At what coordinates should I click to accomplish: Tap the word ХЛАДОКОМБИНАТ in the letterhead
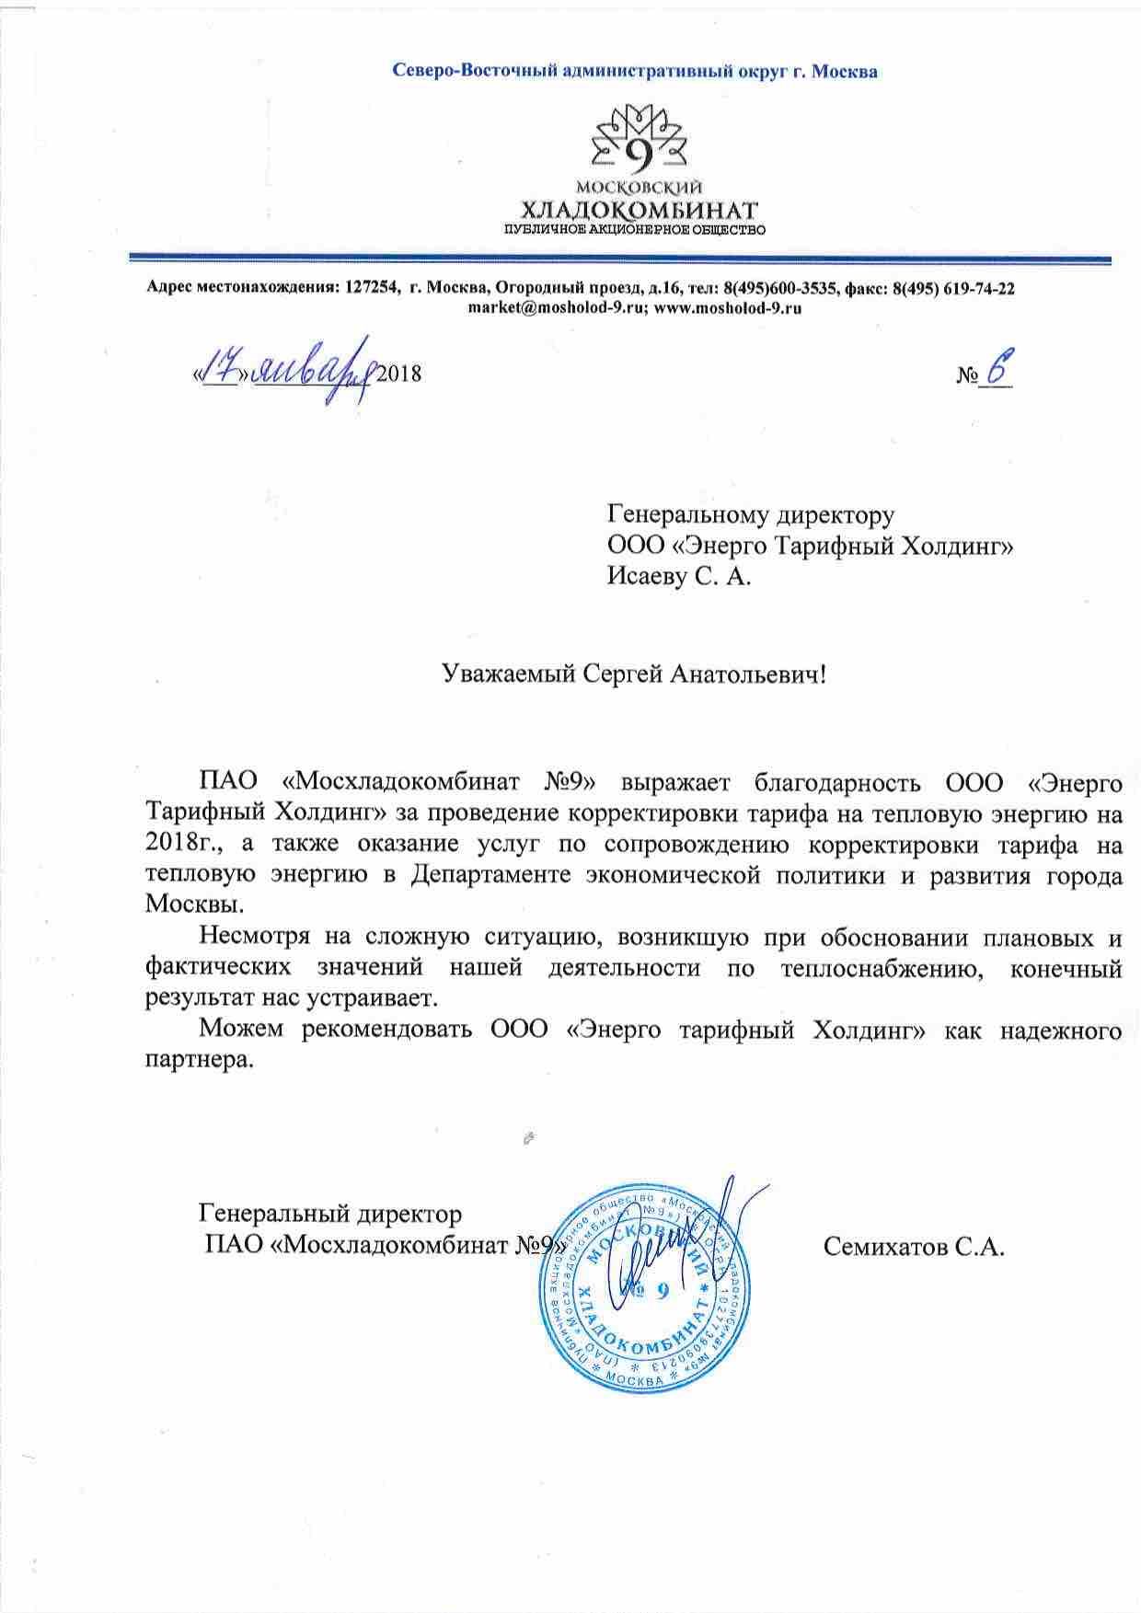click(x=636, y=210)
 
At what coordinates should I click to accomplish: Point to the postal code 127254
click(x=372, y=288)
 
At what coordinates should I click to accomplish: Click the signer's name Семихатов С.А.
click(x=913, y=1248)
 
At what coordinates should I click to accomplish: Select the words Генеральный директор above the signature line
click(x=330, y=1215)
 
